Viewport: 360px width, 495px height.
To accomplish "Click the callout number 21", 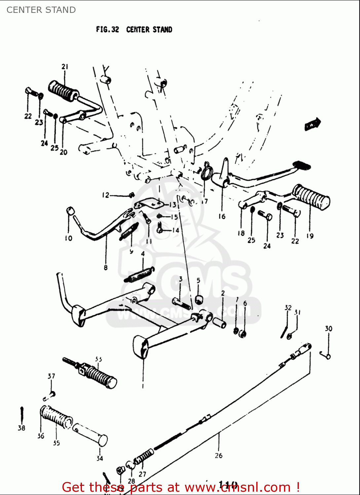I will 65,66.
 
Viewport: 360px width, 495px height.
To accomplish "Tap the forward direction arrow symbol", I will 312,124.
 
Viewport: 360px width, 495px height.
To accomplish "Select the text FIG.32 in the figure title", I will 107,29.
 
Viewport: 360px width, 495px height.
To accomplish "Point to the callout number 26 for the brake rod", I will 219,455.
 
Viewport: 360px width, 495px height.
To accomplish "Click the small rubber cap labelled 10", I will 70,210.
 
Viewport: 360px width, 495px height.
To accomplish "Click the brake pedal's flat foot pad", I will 301,165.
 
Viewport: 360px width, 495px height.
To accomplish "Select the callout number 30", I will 328,328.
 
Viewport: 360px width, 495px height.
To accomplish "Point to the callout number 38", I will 21,428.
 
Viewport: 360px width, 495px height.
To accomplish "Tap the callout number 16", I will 222,216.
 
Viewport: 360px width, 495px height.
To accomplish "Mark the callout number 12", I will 105,195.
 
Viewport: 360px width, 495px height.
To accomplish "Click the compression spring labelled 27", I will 144,457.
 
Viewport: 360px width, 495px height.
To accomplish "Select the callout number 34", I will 100,458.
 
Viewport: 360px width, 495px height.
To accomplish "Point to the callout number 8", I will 106,267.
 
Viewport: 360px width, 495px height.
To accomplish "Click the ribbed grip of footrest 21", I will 63,90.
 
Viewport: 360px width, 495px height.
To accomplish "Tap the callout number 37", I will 51,376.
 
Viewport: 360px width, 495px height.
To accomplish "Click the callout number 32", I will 288,308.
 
